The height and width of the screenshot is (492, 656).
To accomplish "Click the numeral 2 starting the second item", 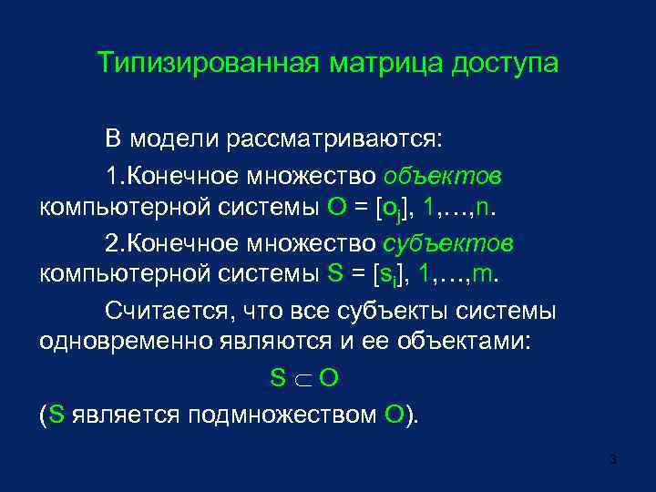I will [111, 243].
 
